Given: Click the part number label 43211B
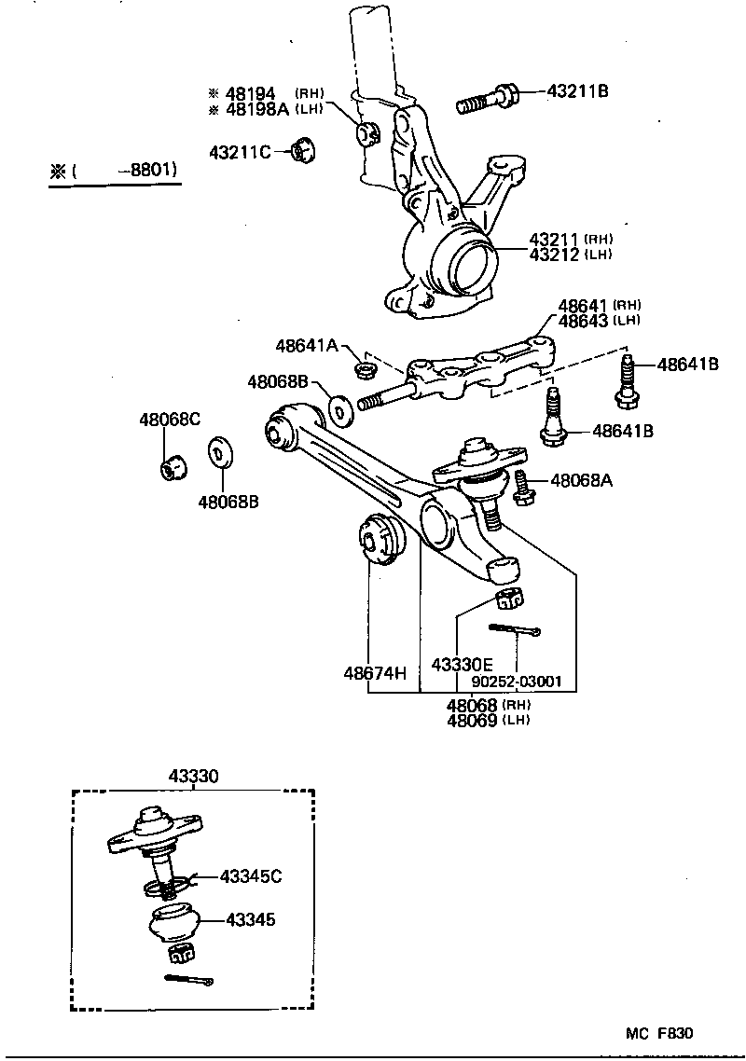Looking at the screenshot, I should pyautogui.click(x=578, y=91).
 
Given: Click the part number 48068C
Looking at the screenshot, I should pyautogui.click(x=169, y=419).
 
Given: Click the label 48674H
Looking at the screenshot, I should pyautogui.click(x=375, y=672).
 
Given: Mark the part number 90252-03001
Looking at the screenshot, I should pyautogui.click(x=517, y=681).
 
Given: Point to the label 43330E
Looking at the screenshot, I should pyautogui.click(x=462, y=664).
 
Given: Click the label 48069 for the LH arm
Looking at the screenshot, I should pyautogui.click(x=472, y=720).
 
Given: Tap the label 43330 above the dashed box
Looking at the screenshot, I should pyautogui.click(x=192, y=776).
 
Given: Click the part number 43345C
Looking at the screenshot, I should pyautogui.click(x=251, y=875).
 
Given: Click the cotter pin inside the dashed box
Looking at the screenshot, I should pyautogui.click(x=189, y=979).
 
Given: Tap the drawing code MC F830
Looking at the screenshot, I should pyautogui.click(x=659, y=1033).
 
